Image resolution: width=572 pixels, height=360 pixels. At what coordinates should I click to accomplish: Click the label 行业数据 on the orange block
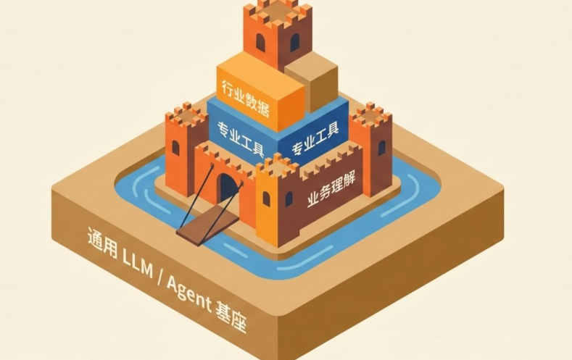(x=246, y=99)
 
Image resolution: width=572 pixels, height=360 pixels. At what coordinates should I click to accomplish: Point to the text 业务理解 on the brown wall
(x=331, y=190)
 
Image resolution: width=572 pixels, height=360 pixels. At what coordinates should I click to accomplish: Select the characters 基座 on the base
(x=231, y=317)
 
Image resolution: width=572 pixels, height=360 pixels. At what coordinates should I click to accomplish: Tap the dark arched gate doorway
(x=226, y=188)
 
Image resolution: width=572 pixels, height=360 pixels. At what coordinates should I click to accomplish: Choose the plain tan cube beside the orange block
(x=311, y=82)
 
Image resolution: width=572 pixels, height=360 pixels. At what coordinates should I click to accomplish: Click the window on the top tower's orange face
(x=260, y=42)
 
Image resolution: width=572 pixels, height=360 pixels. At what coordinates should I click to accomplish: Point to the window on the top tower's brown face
(x=295, y=42)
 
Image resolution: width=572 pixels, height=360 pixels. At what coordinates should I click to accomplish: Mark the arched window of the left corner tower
(x=176, y=148)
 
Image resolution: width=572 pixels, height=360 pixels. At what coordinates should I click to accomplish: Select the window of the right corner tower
(x=381, y=148)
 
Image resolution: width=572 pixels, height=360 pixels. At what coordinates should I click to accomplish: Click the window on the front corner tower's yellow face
(x=266, y=199)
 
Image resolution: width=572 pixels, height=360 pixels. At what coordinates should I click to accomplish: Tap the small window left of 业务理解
(x=289, y=199)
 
